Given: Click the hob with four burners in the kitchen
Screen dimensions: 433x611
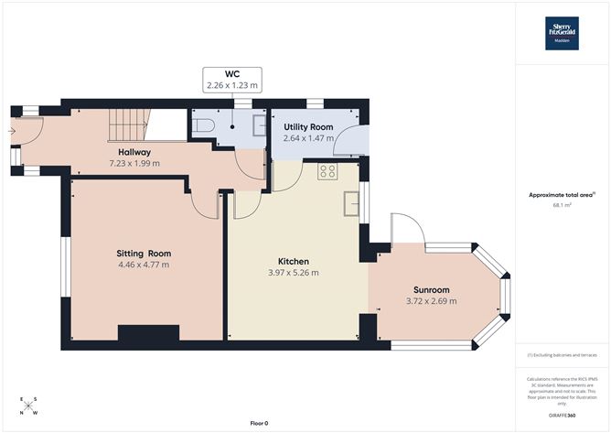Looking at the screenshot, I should coord(327,170).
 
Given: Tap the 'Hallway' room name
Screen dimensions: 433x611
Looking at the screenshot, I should coord(134,152).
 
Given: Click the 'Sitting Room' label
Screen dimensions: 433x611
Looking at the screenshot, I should coord(143,253).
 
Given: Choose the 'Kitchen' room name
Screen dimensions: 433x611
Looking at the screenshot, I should coord(294,261).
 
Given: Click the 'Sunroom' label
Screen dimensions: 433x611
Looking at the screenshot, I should coord(431,288).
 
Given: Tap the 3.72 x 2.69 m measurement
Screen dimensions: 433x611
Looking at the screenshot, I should coord(430,300).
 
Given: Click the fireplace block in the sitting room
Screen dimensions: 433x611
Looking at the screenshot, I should coord(141,333).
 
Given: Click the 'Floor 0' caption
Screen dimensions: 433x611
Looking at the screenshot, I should coord(260,422).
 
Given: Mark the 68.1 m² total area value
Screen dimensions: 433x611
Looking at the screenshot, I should coord(562,206).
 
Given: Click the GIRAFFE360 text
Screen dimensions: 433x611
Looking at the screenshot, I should coord(562,416).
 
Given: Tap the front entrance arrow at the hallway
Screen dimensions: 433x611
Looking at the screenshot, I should coord(14,131).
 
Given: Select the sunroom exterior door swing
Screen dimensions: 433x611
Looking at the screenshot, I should coord(403,230).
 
